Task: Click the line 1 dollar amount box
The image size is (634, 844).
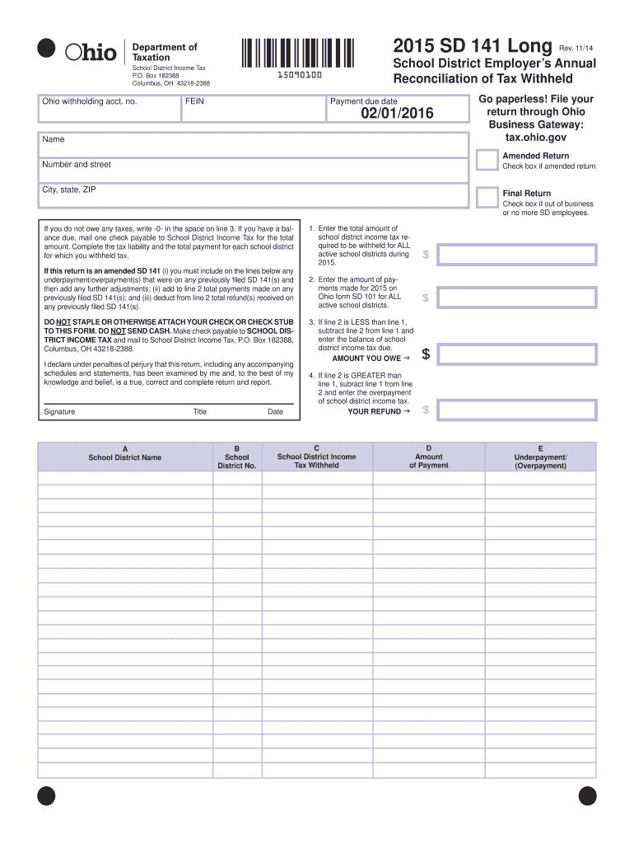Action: (516, 255)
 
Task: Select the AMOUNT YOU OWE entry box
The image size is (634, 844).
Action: (516, 354)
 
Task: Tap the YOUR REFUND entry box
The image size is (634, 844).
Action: (516, 410)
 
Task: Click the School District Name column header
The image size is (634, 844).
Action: (125, 457)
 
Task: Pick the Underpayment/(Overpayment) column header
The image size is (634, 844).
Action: (540, 457)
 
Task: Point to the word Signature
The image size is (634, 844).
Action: (59, 412)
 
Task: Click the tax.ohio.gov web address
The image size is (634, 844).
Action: (535, 137)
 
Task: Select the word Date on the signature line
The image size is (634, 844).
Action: (275, 412)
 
